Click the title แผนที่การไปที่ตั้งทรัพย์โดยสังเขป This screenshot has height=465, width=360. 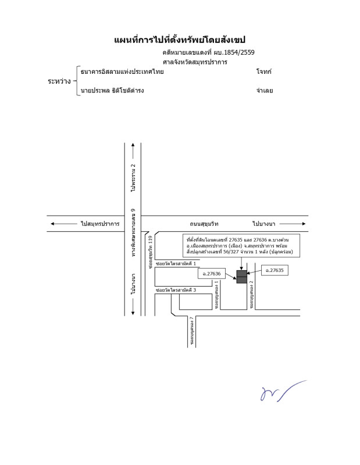click(180, 40)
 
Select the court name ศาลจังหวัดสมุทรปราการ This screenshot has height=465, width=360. click(195, 62)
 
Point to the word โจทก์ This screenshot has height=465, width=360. click(263, 72)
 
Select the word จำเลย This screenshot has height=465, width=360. click(264, 91)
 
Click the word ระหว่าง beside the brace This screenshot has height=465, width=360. click(59, 81)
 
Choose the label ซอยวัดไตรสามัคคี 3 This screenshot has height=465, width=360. click(176, 289)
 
